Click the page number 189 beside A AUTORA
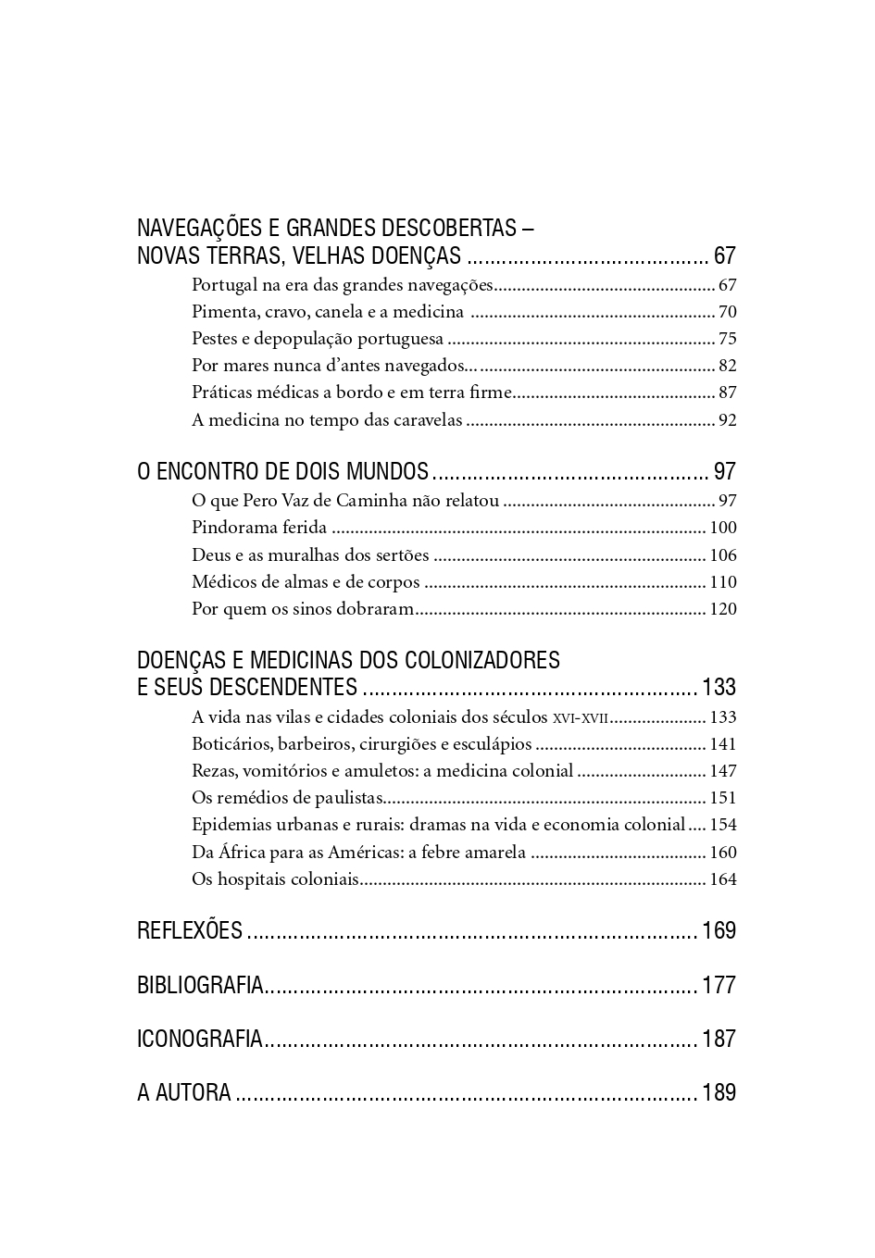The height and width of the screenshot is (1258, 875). point(719,1092)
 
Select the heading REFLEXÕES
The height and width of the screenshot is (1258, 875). point(190,930)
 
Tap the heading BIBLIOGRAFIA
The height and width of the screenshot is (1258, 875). point(201,985)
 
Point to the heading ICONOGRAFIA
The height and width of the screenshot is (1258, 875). point(200,1039)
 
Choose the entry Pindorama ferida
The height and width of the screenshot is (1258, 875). point(259,528)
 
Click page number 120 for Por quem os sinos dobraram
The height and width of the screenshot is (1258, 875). point(723,609)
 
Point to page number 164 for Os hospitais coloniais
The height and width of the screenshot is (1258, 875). point(723,879)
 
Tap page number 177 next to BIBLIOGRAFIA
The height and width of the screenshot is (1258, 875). point(719,985)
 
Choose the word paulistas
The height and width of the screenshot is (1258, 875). point(349,798)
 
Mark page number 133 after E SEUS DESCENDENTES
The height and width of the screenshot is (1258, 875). point(719,687)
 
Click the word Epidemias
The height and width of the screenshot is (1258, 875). point(231,825)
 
